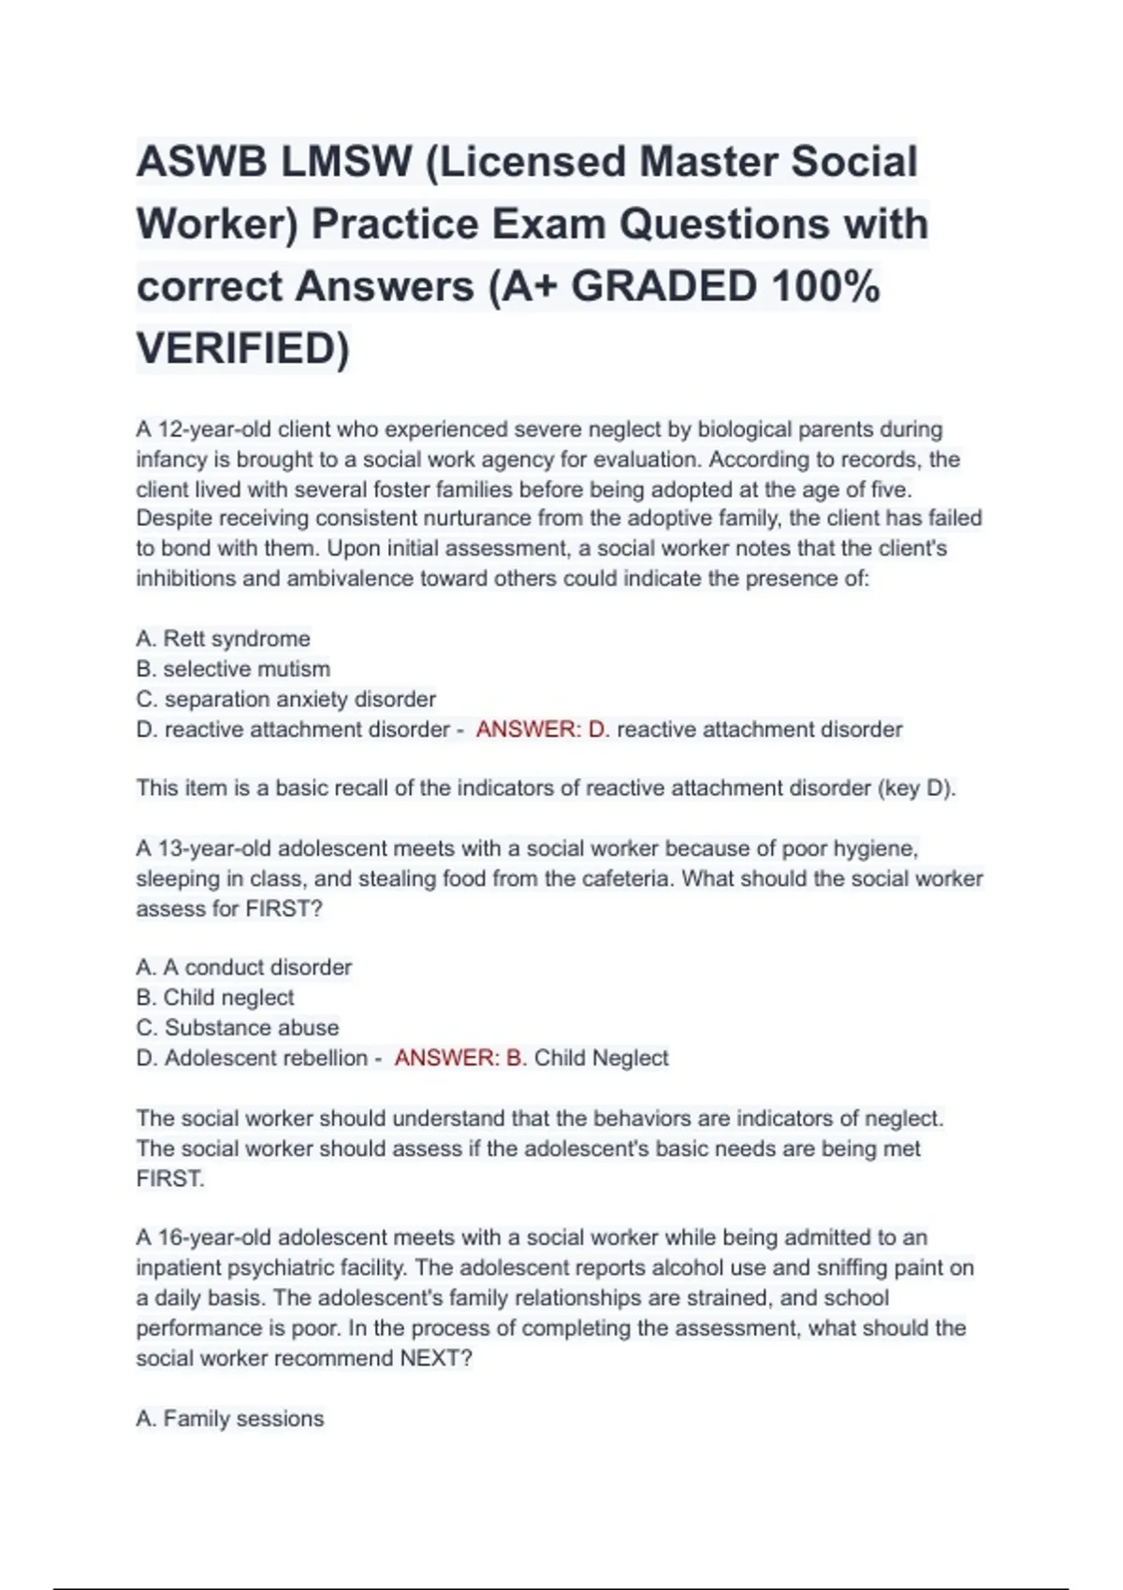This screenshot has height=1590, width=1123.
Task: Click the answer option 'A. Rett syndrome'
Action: pos(223,639)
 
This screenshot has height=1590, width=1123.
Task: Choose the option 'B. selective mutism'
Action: pos(233,669)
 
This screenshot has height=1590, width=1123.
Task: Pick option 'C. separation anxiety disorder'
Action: pos(285,699)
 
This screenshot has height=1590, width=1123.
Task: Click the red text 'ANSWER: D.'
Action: pos(543,730)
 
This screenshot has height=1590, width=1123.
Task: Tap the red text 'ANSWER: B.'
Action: pos(460,1058)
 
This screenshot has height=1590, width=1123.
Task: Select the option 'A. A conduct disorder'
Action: pos(243,967)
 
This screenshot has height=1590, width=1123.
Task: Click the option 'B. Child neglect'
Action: pos(214,997)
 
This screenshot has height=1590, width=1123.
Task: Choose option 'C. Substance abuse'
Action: pos(237,1027)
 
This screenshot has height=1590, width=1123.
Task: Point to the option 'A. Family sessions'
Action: pos(229,1419)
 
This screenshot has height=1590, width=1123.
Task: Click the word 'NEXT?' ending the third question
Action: pos(436,1358)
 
